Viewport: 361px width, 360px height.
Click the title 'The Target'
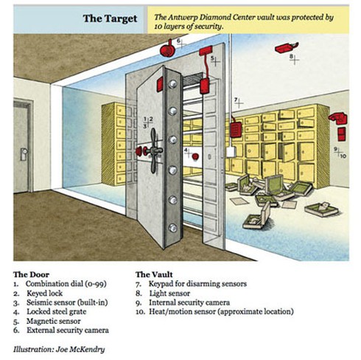coord(110,18)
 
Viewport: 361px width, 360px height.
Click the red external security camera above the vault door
coord(167,49)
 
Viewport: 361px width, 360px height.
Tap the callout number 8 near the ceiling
coord(291,56)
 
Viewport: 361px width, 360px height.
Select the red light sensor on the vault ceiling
coord(287,48)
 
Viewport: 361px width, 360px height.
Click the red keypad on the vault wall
coord(236,131)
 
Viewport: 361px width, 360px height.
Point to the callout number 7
coord(236,100)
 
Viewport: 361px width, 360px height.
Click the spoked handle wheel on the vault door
coord(154,150)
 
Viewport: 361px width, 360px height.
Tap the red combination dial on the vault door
coord(139,150)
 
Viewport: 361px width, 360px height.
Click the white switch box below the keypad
coord(231,152)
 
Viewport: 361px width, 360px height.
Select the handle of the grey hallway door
coord(24,153)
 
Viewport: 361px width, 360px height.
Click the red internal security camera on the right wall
coord(338,118)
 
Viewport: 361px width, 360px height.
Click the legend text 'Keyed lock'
coord(44,293)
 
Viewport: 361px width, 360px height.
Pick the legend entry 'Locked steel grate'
coord(56,311)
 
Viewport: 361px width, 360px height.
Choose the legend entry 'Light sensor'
coord(169,293)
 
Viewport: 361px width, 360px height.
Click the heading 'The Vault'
coord(154,274)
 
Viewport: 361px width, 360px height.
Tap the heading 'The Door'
coord(32,274)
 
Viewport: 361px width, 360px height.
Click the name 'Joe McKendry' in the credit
coord(80,349)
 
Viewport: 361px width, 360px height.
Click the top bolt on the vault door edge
coord(172,84)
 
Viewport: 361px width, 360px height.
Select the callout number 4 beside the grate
coord(186,150)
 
